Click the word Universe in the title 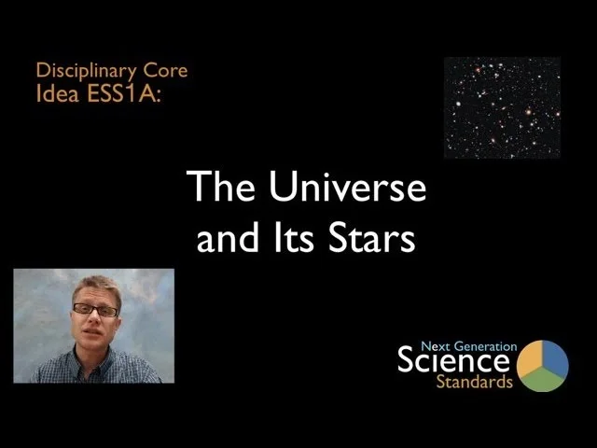tap(347, 189)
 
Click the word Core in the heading tap(168, 70)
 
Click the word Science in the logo tap(453, 360)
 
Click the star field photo tap(502, 107)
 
